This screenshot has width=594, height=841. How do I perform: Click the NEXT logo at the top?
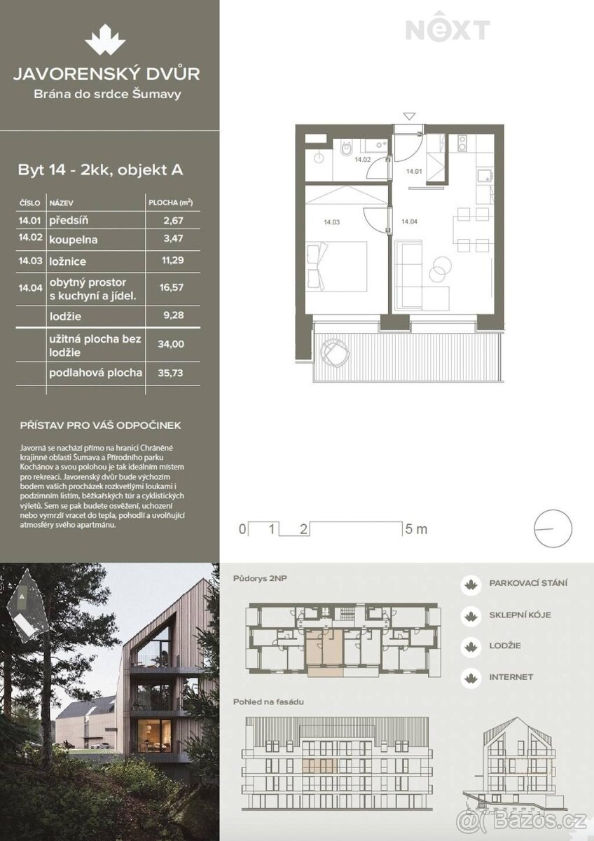(x=448, y=29)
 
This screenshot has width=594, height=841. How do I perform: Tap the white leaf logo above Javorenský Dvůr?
(x=104, y=39)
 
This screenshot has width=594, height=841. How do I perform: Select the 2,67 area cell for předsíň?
(x=173, y=220)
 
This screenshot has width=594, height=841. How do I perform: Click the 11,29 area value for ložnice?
(x=172, y=260)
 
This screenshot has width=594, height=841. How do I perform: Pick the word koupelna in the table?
(x=73, y=240)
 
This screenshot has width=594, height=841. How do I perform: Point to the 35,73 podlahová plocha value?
(x=170, y=373)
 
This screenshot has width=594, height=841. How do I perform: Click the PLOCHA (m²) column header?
(x=170, y=203)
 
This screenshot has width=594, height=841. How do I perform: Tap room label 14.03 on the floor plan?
(x=332, y=222)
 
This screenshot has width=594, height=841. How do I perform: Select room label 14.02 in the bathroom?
(x=362, y=160)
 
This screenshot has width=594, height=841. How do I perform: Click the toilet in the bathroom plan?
(x=345, y=149)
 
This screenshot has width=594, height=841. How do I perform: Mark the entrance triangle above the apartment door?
(x=409, y=116)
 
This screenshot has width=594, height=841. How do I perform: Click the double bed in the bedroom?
(x=337, y=266)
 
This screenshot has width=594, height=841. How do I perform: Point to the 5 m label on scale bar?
(x=417, y=529)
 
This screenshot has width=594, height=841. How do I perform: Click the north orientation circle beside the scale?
(x=553, y=528)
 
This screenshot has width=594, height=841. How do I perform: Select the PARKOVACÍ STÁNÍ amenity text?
(x=528, y=583)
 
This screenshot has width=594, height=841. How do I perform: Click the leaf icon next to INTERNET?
(x=471, y=678)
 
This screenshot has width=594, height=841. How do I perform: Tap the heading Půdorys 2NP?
(x=260, y=579)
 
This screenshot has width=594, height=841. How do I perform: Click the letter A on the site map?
(x=22, y=596)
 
